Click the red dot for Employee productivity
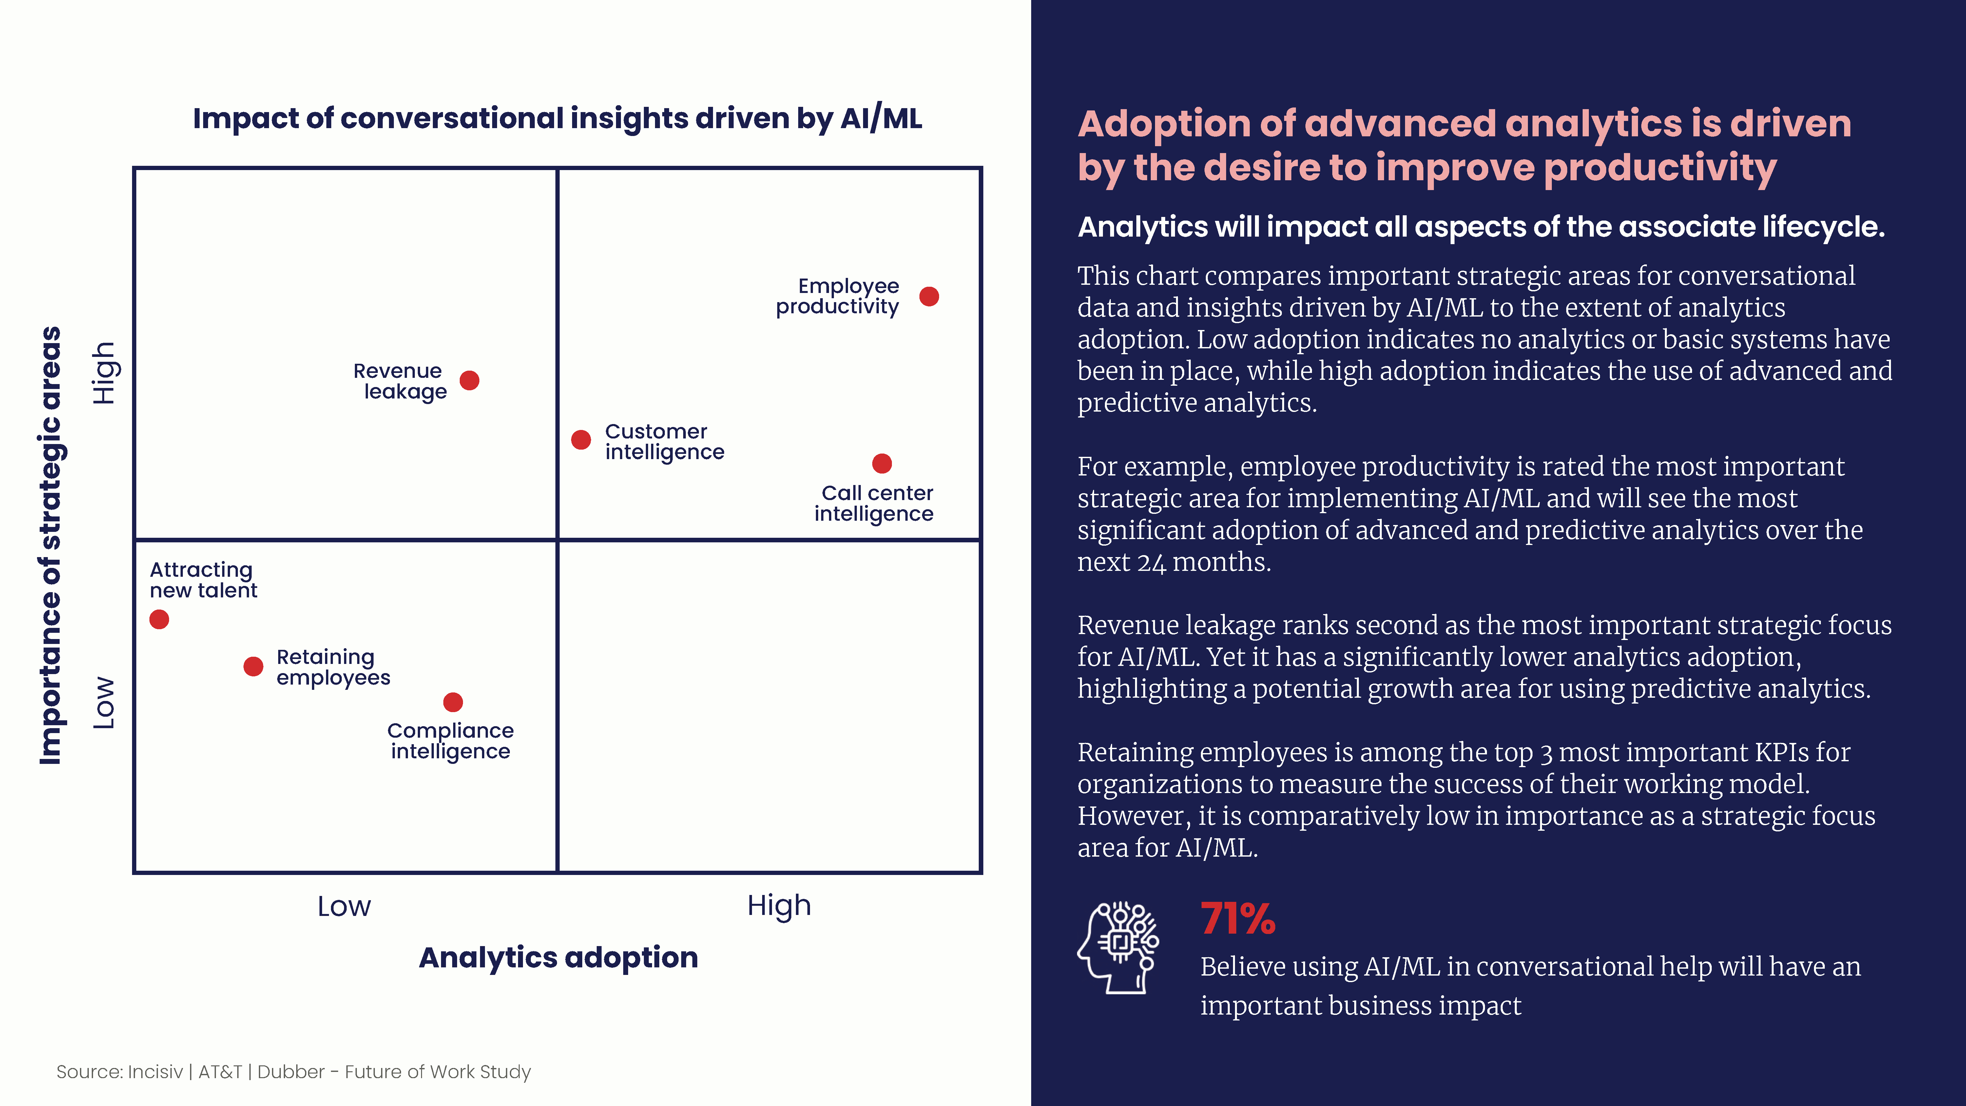[929, 296]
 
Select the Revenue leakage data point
[469, 380]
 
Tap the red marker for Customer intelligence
[581, 440]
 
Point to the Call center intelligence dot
[881, 463]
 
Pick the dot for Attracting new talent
[159, 619]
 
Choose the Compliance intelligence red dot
[453, 702]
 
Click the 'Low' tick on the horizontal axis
[344, 906]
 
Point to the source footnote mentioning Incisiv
[294, 1072]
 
